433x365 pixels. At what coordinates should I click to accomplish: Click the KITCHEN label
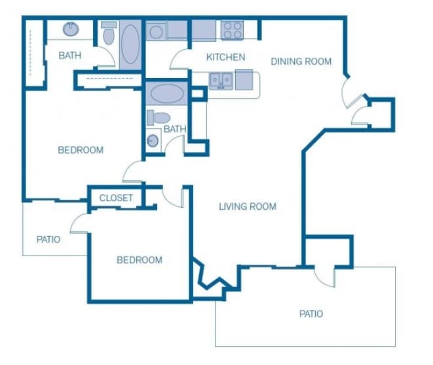coord(225,57)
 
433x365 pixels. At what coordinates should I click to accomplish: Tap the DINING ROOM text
coord(301,62)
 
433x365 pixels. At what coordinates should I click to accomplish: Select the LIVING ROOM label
coord(247,206)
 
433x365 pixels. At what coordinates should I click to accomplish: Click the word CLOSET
coord(116,198)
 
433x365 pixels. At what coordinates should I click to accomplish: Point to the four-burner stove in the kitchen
coord(231,30)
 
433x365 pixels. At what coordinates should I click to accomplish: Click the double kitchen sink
coord(220,80)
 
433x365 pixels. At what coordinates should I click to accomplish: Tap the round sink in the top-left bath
coord(69,29)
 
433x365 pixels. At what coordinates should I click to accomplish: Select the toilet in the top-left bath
coord(108,34)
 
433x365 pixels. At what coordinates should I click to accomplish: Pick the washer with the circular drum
coord(156,31)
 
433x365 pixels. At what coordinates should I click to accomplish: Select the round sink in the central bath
coord(153,140)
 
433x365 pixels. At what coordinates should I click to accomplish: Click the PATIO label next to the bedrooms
coord(48,239)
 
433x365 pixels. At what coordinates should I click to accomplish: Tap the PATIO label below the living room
coord(311,314)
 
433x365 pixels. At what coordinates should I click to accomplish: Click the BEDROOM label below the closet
coord(139,260)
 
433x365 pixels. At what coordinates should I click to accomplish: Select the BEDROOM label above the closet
coord(81,150)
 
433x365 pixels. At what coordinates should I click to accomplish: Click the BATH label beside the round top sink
coord(70,55)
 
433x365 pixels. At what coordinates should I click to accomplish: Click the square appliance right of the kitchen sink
coord(244,80)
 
